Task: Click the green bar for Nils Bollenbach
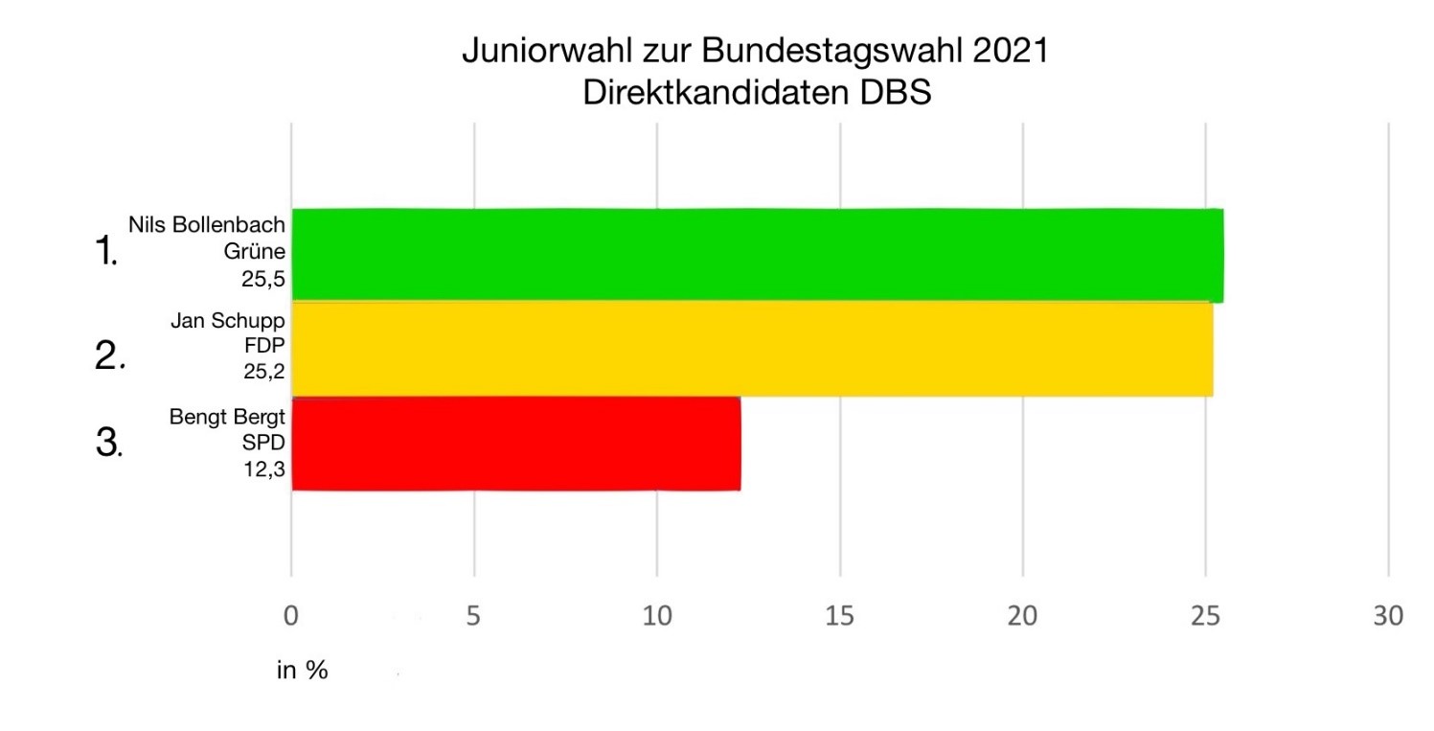click(757, 255)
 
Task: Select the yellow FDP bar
click(752, 349)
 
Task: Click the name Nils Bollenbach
click(208, 226)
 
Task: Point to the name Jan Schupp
click(228, 321)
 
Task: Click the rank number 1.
click(105, 253)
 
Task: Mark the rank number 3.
click(107, 444)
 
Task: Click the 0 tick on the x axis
click(291, 616)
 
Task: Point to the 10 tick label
click(656, 616)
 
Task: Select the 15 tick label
click(839, 616)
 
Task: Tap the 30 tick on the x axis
click(1387, 616)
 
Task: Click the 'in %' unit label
click(303, 671)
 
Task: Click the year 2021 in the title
click(1010, 51)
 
